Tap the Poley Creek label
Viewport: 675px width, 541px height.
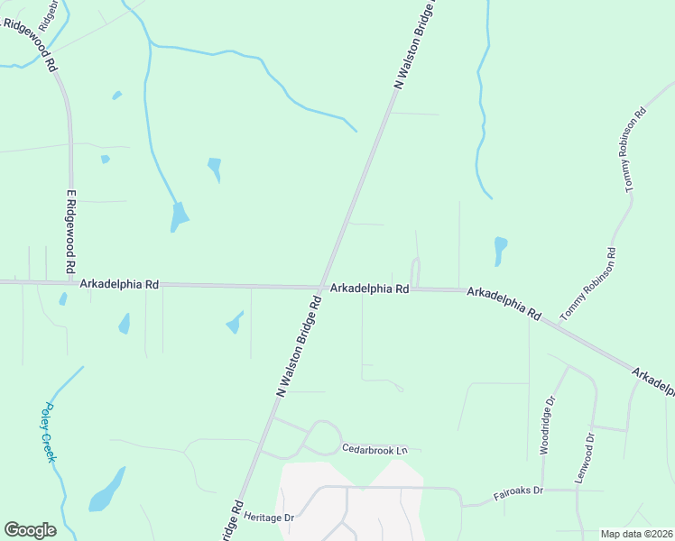(x=48, y=432)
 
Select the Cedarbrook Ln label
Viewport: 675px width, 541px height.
(x=374, y=449)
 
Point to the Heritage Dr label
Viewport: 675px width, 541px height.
(x=277, y=518)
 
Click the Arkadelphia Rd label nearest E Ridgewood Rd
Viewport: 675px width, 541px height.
(x=119, y=283)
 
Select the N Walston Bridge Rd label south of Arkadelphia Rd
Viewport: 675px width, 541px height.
(x=299, y=345)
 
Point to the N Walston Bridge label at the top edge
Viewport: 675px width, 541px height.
(x=414, y=45)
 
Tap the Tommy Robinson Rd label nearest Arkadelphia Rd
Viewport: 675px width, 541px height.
(x=588, y=284)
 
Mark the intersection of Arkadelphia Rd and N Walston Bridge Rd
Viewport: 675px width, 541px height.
(x=322, y=289)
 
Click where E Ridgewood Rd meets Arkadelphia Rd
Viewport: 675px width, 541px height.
(x=69, y=282)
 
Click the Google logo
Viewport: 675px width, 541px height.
(x=30, y=530)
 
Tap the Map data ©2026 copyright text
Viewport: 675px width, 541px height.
(x=636, y=534)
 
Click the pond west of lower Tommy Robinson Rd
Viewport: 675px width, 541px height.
(x=500, y=250)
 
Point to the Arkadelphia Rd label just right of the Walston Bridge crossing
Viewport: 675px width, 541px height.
(x=370, y=289)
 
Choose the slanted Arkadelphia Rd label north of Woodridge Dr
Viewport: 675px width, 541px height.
(x=504, y=304)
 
